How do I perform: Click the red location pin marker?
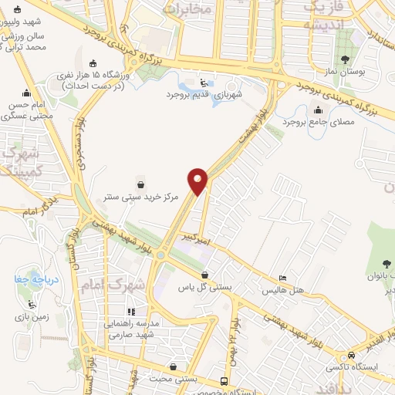[x=199, y=181]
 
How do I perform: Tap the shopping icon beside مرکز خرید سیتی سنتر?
[x=141, y=184]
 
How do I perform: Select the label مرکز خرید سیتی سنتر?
[x=141, y=197]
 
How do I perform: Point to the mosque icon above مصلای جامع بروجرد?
[x=318, y=110]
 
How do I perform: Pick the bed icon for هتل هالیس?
[x=282, y=279]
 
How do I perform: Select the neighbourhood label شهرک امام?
[x=123, y=285]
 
